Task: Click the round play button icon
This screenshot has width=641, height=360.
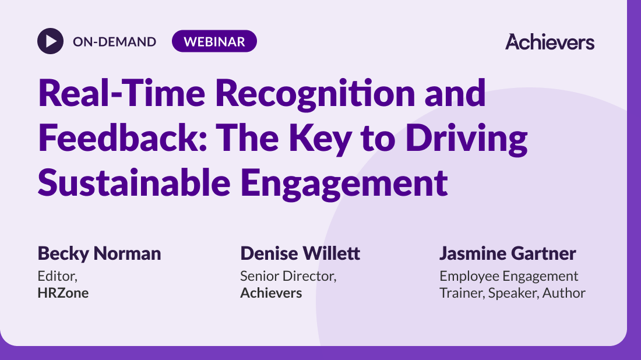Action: point(50,41)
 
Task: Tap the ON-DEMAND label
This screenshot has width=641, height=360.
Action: point(114,42)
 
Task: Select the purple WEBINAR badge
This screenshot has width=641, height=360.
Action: point(214,41)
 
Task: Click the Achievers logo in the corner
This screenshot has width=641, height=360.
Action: point(550,42)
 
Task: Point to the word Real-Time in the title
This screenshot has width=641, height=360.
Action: point(121,93)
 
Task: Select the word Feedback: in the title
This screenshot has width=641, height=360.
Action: point(122,137)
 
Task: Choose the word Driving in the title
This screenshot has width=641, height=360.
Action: point(466,139)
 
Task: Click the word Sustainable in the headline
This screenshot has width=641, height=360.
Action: point(134,182)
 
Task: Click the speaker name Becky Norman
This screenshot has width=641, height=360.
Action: point(99,254)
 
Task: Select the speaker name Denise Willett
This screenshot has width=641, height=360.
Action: point(300,253)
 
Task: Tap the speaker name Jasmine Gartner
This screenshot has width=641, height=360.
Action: point(508,253)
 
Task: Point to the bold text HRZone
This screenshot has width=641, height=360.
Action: point(63,293)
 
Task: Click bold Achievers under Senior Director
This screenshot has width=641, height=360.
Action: point(271,293)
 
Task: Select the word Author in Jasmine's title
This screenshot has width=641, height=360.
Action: point(563,293)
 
